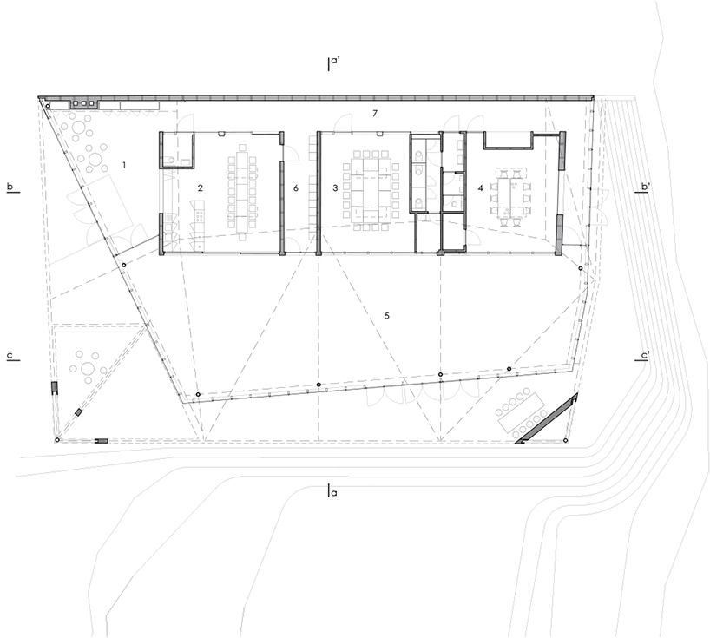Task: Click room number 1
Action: [124, 165]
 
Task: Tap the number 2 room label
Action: [201, 187]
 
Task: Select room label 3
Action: [335, 187]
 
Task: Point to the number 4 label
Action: [481, 187]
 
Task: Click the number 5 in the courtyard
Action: [387, 316]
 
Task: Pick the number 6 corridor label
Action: [296, 187]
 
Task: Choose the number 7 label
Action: [375, 113]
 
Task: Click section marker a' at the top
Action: [333, 63]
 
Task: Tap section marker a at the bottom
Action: [332, 491]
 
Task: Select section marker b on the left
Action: [12, 187]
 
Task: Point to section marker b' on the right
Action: [642, 187]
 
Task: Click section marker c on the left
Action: [12, 355]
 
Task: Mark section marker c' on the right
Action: [642, 355]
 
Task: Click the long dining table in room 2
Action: [242, 192]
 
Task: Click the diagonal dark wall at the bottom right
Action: [546, 418]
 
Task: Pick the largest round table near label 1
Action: [95, 159]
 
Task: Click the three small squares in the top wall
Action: [83, 103]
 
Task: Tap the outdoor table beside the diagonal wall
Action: [520, 411]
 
